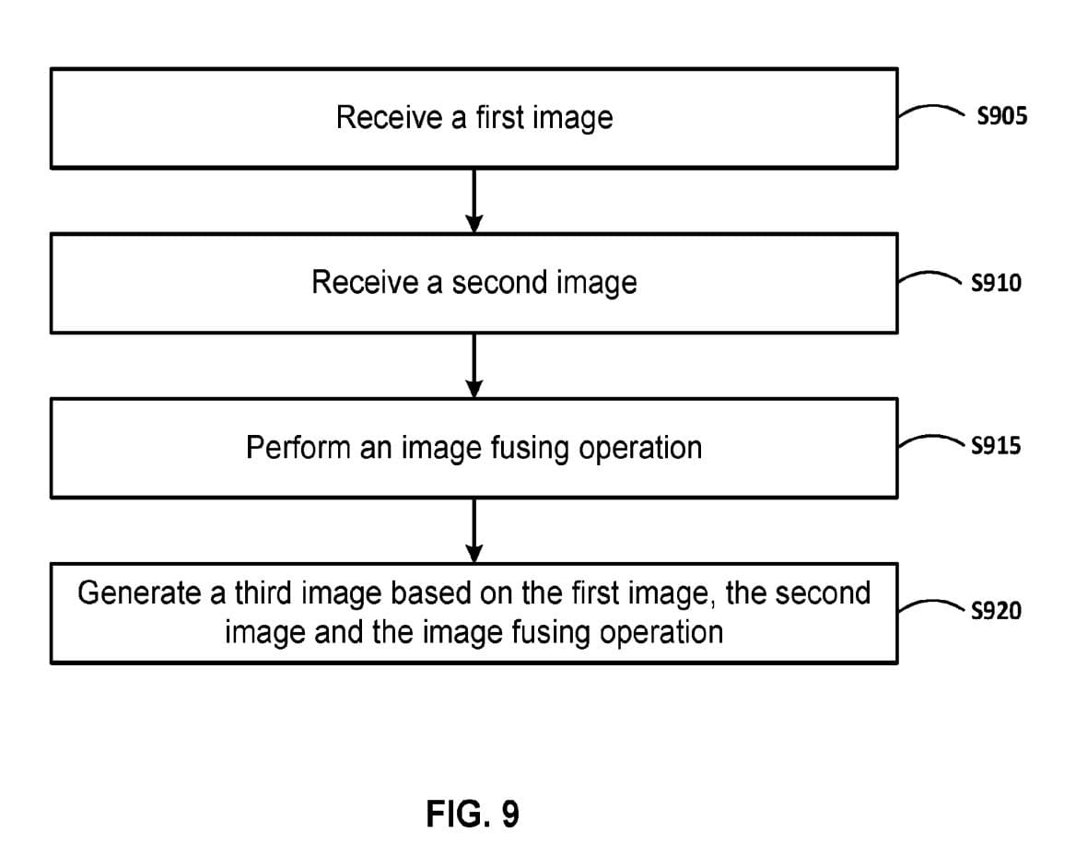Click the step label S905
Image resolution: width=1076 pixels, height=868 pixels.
pos(1000,117)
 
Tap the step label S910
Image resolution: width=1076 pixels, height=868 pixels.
pos(996,283)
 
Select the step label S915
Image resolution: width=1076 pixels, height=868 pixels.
pos(996,447)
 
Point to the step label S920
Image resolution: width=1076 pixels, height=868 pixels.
pos(996,611)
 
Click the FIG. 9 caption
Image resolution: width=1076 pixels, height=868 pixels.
pos(473,814)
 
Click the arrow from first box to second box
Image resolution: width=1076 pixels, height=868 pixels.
pos(474,200)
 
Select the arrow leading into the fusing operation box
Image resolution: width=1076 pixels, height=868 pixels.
pos(474,365)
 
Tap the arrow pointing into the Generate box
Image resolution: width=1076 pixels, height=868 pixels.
pos(474,530)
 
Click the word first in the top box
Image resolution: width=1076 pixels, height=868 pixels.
pos(499,117)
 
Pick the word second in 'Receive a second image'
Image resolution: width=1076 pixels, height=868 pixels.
pos(500,282)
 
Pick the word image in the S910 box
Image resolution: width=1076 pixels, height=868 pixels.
pos(596,283)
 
